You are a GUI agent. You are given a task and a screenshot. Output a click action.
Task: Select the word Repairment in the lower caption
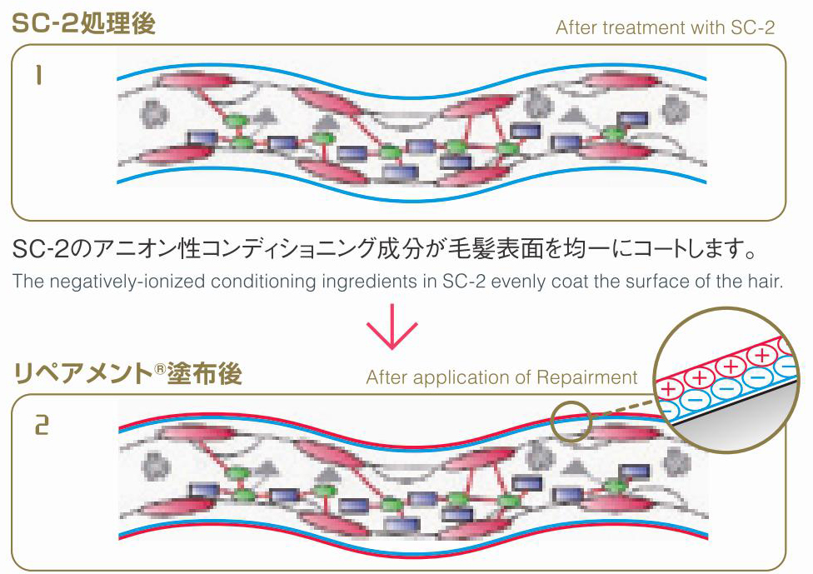coord(586,377)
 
